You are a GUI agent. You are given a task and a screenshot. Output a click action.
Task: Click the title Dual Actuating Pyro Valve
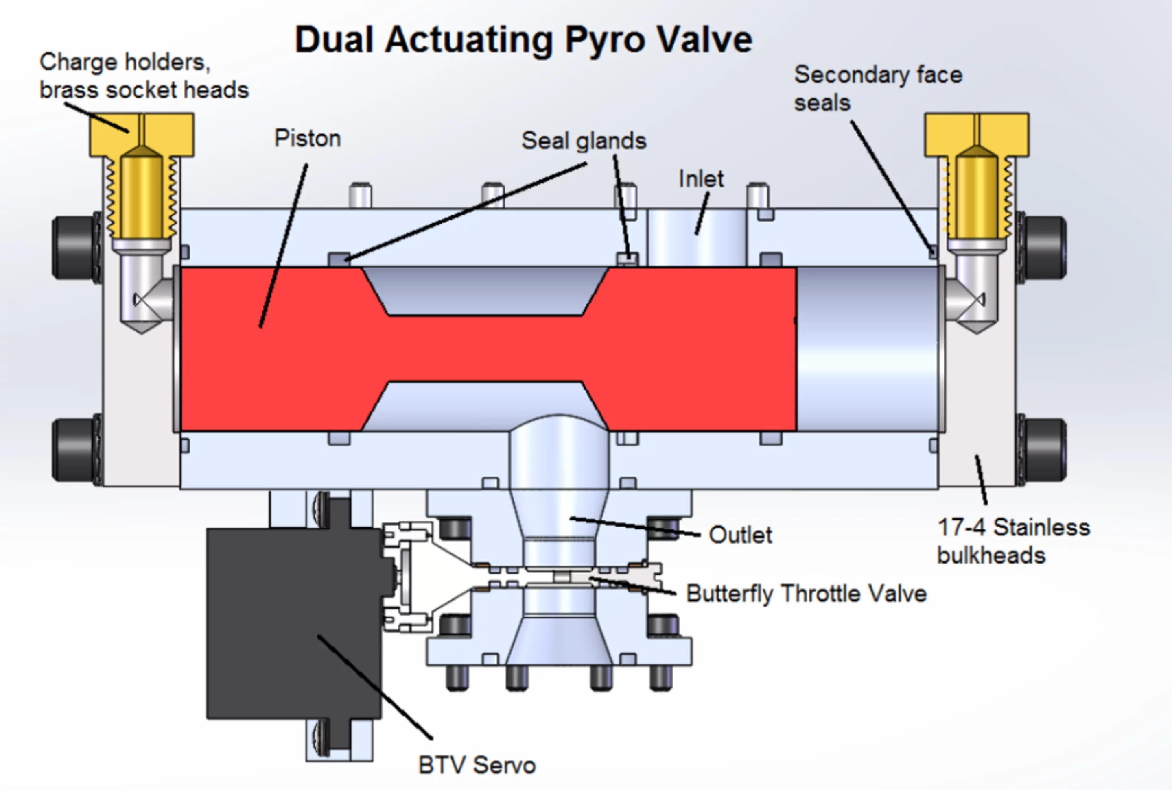pyautogui.click(x=523, y=40)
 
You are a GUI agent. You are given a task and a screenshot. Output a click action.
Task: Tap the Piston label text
pyautogui.click(x=307, y=139)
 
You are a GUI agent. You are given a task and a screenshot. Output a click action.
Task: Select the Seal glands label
pyautogui.click(x=584, y=141)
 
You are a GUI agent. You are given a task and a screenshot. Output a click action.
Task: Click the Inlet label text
pyautogui.click(x=701, y=179)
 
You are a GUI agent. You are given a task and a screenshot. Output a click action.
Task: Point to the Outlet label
pyautogui.click(x=740, y=535)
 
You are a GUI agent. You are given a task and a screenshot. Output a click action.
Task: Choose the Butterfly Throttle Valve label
pyautogui.click(x=806, y=594)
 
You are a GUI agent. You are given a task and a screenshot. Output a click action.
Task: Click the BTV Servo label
pyautogui.click(x=477, y=765)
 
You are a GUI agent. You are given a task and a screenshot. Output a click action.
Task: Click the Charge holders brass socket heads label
pyautogui.click(x=144, y=76)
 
